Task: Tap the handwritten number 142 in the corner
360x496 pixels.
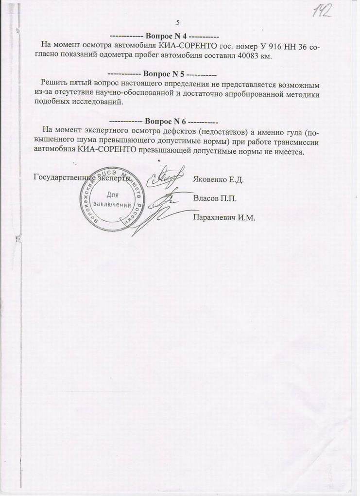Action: (x=322, y=10)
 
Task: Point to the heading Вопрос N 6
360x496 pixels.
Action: (x=163, y=121)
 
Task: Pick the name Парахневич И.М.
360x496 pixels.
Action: (x=224, y=217)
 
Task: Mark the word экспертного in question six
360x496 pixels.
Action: (x=109, y=131)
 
